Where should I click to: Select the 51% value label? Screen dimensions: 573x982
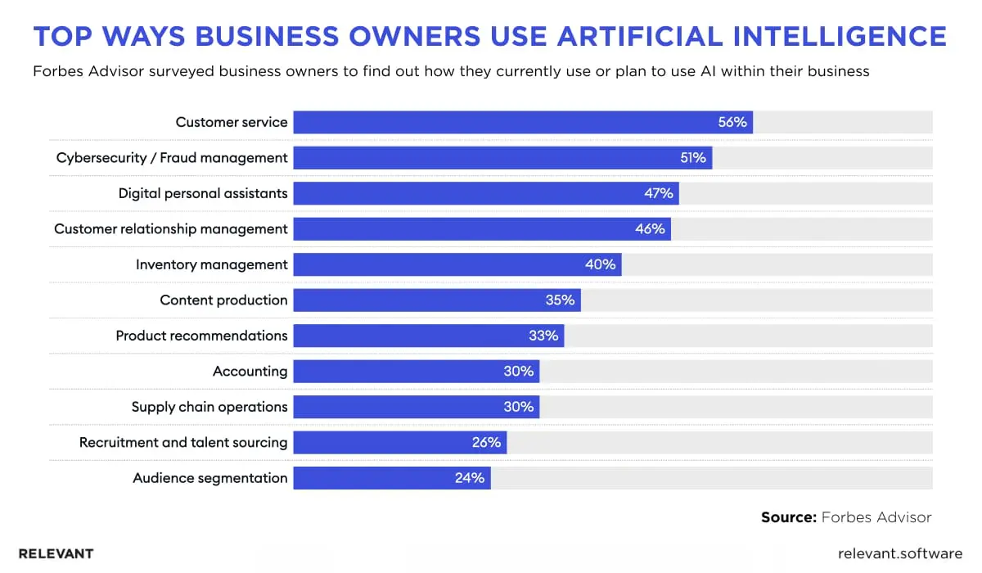692,158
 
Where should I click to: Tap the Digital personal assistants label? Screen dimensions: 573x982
203,193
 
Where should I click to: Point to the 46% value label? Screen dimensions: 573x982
651,229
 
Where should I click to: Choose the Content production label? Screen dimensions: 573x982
223,300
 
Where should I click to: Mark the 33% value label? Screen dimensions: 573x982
543,336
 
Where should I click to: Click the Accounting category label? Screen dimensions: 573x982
250,371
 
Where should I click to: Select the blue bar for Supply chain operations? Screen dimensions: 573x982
393,407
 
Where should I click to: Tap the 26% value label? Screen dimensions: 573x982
486,442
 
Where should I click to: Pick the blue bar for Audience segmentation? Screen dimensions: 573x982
368,478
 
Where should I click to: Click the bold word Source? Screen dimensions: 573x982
788,517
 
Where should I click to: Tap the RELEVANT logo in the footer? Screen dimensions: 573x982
56,553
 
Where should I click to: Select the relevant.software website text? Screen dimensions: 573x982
900,553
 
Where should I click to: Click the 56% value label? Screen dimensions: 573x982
732,122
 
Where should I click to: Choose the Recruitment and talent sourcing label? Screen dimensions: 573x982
183,442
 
